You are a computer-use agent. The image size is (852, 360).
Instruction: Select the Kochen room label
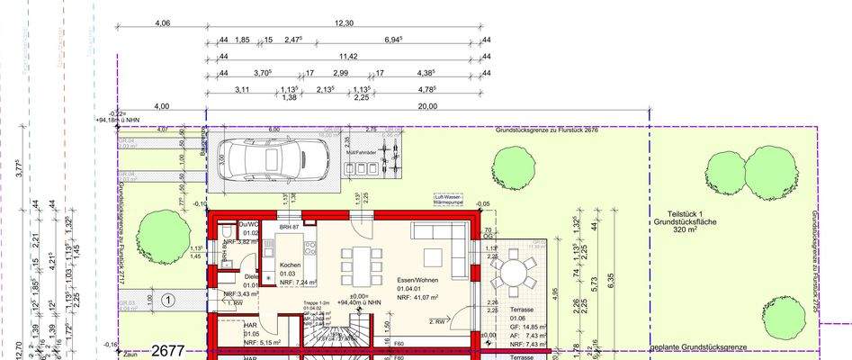point(290,265)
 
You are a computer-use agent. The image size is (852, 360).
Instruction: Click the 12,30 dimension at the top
point(344,23)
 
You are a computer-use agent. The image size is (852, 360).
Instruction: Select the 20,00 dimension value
point(427,106)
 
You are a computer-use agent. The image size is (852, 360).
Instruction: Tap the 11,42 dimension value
point(348,57)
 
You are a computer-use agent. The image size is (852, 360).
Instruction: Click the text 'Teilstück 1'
point(673,211)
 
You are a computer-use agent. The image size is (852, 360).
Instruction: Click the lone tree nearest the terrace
point(513,166)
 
